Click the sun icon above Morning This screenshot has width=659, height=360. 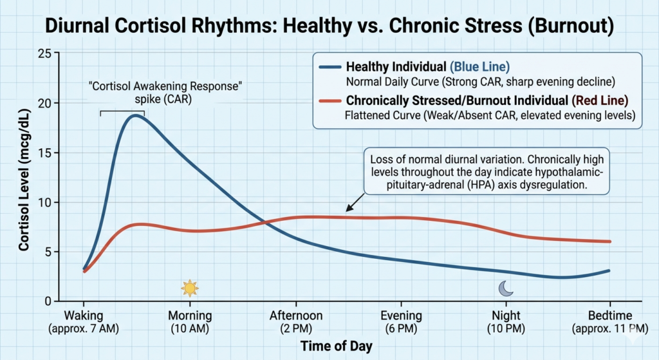pos(189,287)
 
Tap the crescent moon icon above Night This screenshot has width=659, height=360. pos(506,289)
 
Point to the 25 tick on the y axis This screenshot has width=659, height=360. pos(44,53)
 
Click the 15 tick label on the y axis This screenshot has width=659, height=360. pos(44,153)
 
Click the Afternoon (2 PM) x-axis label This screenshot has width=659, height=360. pos(296,321)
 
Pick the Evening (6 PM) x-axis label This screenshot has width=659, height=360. pos(401,321)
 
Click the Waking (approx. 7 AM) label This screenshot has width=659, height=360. pos(84,321)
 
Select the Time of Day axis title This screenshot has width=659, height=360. pos(336,345)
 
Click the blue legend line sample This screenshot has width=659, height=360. pos(329,67)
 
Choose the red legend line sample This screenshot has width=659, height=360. pos(329,100)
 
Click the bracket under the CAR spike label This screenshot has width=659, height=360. pos(122,112)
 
